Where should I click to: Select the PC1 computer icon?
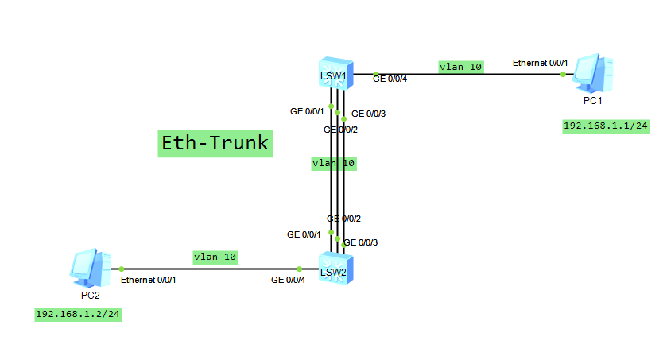click(592, 72)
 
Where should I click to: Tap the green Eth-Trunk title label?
click(215, 143)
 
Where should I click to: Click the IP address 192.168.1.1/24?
click(605, 126)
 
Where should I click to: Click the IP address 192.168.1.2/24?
click(78, 314)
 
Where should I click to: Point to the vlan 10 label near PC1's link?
click(460, 68)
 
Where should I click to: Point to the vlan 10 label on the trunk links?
click(334, 163)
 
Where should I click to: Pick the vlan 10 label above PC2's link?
click(215, 257)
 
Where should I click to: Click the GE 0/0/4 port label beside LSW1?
click(390, 79)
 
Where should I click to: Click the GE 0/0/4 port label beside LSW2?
click(288, 280)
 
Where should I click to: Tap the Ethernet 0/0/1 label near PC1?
click(540, 63)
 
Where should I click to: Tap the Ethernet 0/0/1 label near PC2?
click(148, 280)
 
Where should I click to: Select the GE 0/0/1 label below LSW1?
click(307, 111)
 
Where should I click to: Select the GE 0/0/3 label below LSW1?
click(368, 114)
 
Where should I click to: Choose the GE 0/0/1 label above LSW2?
click(304, 234)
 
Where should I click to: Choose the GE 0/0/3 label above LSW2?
click(360, 242)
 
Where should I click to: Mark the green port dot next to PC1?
click(563, 75)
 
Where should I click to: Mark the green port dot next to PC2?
click(122, 269)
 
